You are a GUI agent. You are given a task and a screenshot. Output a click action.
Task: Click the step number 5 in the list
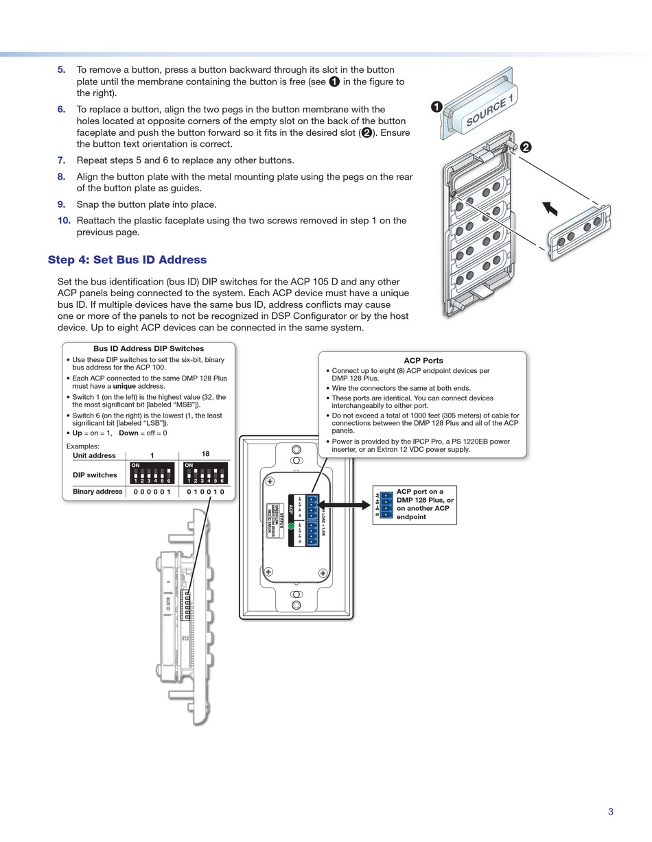(62, 70)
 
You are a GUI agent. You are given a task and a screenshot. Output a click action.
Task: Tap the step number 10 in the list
(64, 221)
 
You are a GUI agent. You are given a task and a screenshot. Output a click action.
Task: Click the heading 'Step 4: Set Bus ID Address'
(127, 260)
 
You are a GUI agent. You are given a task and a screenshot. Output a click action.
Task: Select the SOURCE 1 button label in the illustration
(490, 112)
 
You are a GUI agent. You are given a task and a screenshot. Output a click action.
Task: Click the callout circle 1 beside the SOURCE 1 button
(436, 106)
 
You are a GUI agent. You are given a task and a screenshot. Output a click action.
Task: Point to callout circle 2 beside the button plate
(526, 147)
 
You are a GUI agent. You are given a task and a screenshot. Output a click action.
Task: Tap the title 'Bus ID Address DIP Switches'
(148, 348)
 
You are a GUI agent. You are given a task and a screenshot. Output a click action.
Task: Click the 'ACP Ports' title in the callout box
(423, 361)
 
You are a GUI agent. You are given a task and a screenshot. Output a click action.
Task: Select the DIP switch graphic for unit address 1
(152, 473)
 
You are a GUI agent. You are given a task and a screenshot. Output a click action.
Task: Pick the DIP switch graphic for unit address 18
(205, 473)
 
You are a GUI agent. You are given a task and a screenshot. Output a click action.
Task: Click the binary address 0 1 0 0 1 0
(205, 492)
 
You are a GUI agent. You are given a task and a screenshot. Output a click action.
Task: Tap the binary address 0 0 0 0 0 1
(152, 492)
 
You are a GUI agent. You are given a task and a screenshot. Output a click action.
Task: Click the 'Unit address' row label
(94, 455)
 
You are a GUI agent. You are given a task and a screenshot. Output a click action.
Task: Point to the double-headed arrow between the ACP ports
(345, 505)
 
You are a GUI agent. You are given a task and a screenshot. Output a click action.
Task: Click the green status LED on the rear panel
(291, 527)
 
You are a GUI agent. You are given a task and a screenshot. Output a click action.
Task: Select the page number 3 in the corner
(610, 812)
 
